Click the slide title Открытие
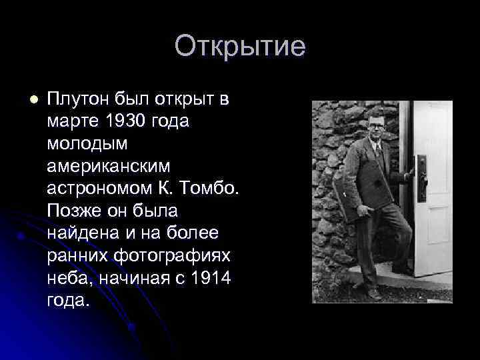(x=240, y=47)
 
